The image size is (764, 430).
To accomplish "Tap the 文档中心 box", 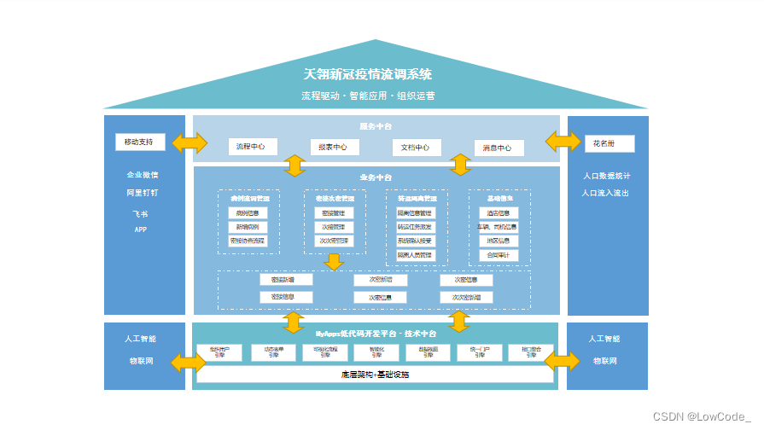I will (x=417, y=148).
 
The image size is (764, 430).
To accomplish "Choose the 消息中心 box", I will (x=498, y=148).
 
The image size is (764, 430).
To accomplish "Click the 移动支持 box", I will (x=140, y=142).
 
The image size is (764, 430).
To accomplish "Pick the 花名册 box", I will (x=609, y=142).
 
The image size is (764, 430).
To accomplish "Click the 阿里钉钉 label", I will (x=143, y=193).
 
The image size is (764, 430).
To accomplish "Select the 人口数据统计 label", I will (x=607, y=176).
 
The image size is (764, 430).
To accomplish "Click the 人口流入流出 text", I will (x=606, y=193).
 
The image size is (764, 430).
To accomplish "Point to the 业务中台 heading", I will (x=376, y=177).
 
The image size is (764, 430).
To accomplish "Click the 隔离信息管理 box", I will (x=415, y=212).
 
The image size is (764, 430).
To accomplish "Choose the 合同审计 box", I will (x=498, y=254).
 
